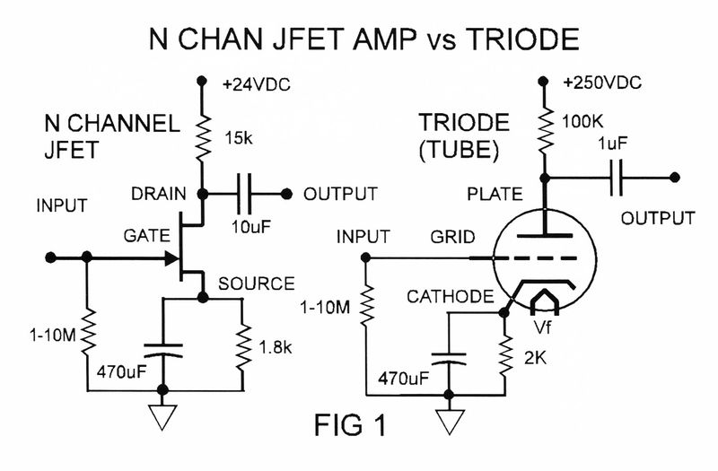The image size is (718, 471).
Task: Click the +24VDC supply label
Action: [259, 87]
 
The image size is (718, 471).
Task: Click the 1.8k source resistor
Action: [244, 345]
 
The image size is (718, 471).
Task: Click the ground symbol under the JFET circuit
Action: [162, 414]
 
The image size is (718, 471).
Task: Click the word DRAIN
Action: [160, 194]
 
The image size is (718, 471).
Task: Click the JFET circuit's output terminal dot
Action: [287, 193]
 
